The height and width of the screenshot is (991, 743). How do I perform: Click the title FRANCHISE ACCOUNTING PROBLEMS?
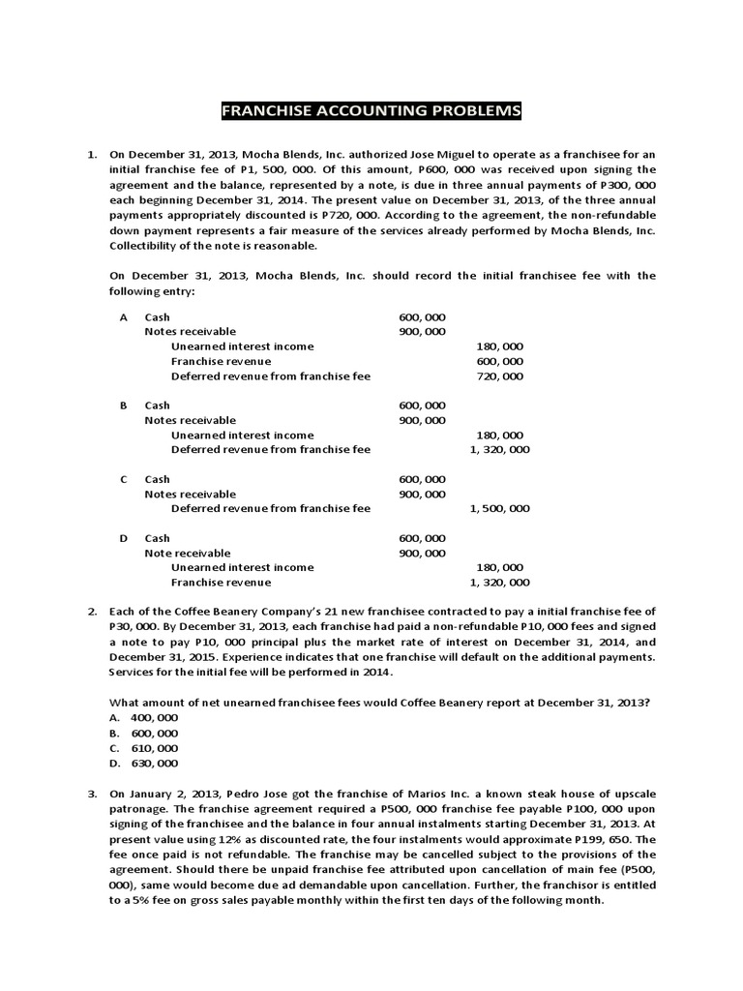tap(371, 111)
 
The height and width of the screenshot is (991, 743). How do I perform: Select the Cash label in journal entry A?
tap(157, 316)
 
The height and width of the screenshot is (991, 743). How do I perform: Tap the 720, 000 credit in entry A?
tap(499, 375)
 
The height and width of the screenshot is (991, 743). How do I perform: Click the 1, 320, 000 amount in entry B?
tap(499, 450)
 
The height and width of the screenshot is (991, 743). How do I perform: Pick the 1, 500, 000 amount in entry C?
tap(499, 509)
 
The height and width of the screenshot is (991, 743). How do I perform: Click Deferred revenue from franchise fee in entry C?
tap(270, 509)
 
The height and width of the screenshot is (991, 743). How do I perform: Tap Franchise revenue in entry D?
tap(221, 583)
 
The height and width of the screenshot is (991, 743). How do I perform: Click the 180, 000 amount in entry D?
tap(499, 568)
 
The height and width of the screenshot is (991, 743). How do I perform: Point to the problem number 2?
tap(92, 613)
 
